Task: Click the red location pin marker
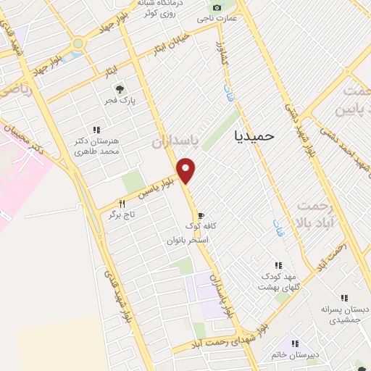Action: pyautogui.click(x=187, y=170)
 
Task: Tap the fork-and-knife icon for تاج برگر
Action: pyautogui.click(x=122, y=204)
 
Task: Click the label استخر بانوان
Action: pyautogui.click(x=187, y=238)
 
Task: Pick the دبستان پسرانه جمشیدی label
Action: pyautogui.click(x=345, y=313)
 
